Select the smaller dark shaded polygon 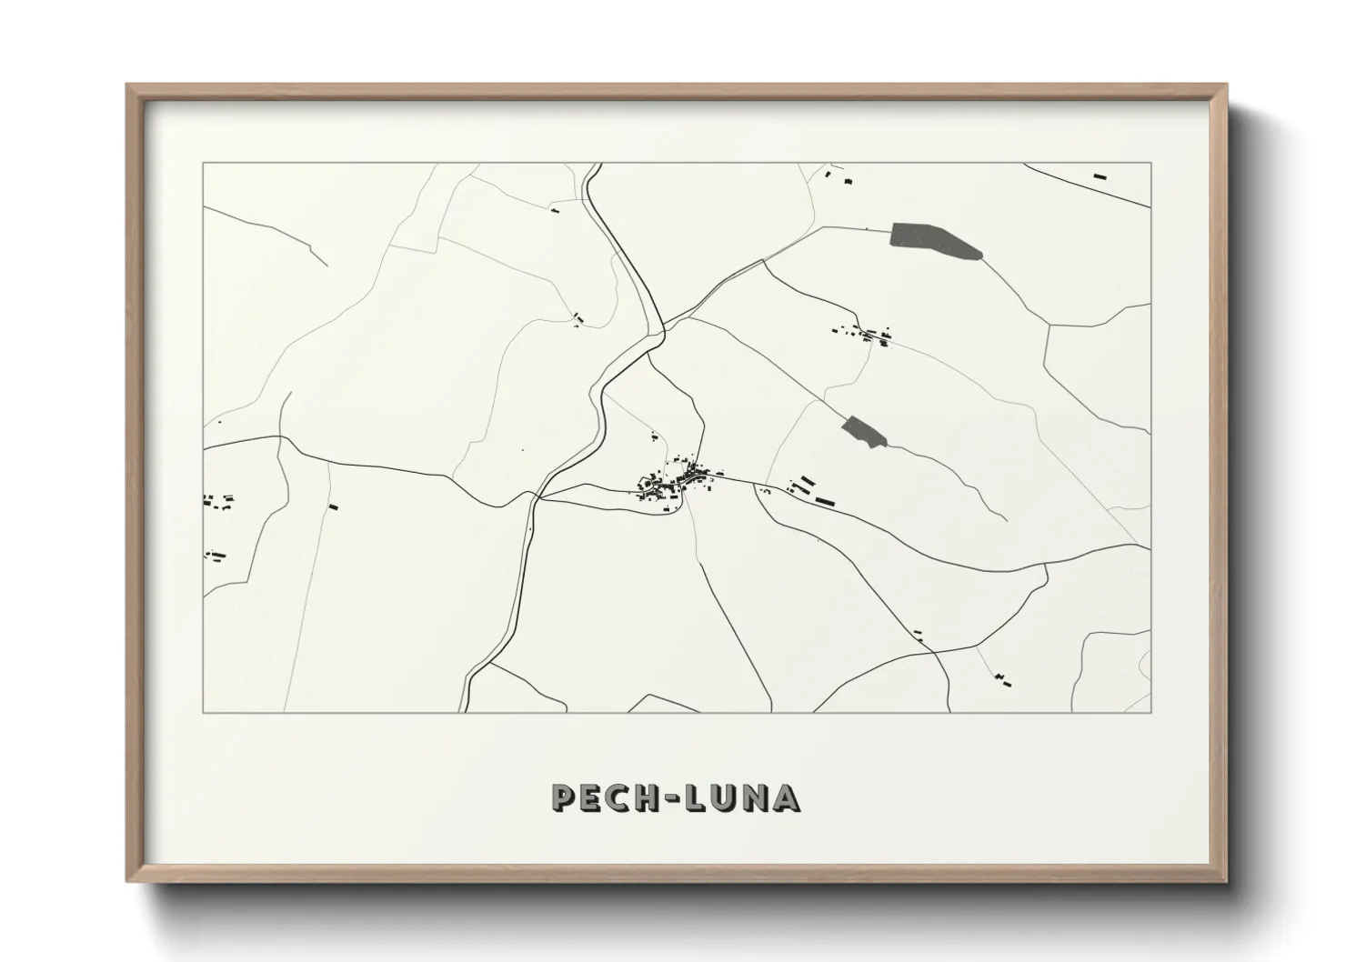[863, 431]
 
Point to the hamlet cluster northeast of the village [864, 334]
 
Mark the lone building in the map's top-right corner [1100, 175]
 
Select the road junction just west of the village [538, 498]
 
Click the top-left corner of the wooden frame [128, 86]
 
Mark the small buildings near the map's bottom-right [1003, 678]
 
